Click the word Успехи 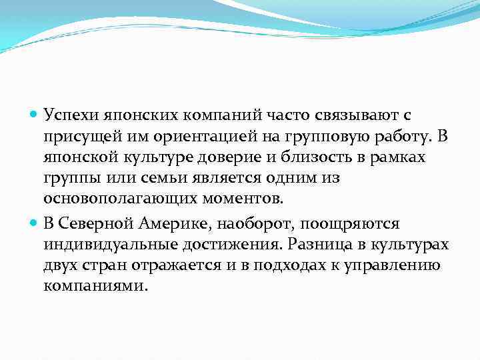(x=70, y=115)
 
